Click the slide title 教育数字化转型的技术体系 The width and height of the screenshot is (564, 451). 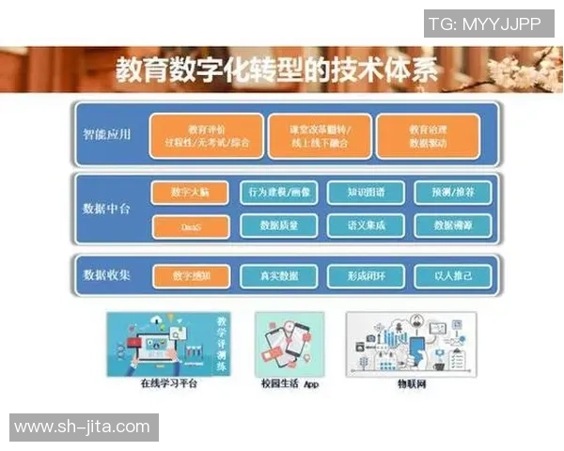click(x=276, y=69)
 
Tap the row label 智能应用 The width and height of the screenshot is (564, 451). click(x=106, y=133)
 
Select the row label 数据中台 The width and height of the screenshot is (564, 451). click(x=106, y=209)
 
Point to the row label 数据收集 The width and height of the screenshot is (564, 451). click(x=106, y=275)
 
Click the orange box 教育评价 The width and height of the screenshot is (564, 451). click(x=203, y=136)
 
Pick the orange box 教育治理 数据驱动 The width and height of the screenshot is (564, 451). click(x=428, y=136)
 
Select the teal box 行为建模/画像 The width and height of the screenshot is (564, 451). click(x=279, y=193)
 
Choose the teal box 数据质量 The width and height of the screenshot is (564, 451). click(x=279, y=225)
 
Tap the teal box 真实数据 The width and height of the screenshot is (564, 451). click(x=279, y=276)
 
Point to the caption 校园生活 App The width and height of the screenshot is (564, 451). click(x=291, y=383)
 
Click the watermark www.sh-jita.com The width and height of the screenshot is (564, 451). click(x=83, y=428)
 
